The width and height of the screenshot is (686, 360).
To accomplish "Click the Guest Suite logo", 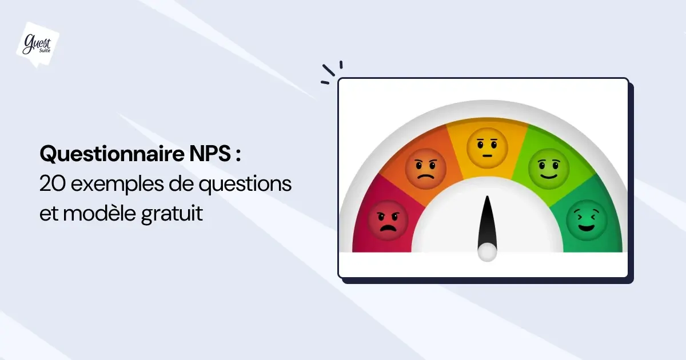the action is click(38, 45).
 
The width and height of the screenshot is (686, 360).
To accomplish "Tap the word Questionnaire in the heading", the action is click(112, 154).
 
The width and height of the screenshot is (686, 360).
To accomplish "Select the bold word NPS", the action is click(210, 154).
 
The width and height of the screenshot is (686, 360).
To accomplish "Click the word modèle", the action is click(99, 213).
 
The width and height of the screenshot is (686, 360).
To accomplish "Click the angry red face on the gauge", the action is click(388, 221).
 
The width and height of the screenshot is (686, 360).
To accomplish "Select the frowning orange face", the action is click(425, 169).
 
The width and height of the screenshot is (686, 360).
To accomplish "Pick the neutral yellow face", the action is click(487, 148).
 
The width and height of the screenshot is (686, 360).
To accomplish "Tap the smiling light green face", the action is click(549, 169).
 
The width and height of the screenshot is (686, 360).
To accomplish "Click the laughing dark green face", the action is click(587, 221).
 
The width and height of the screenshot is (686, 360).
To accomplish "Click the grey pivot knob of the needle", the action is click(487, 252).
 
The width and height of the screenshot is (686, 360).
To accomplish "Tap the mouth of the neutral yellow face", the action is click(487, 156).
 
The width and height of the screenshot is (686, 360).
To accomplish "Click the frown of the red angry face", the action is click(388, 228).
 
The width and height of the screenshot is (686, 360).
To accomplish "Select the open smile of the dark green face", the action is click(587, 228).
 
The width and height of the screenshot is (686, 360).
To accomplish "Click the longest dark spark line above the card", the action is click(329, 70).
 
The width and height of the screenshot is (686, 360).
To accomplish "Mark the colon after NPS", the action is click(238, 154).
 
